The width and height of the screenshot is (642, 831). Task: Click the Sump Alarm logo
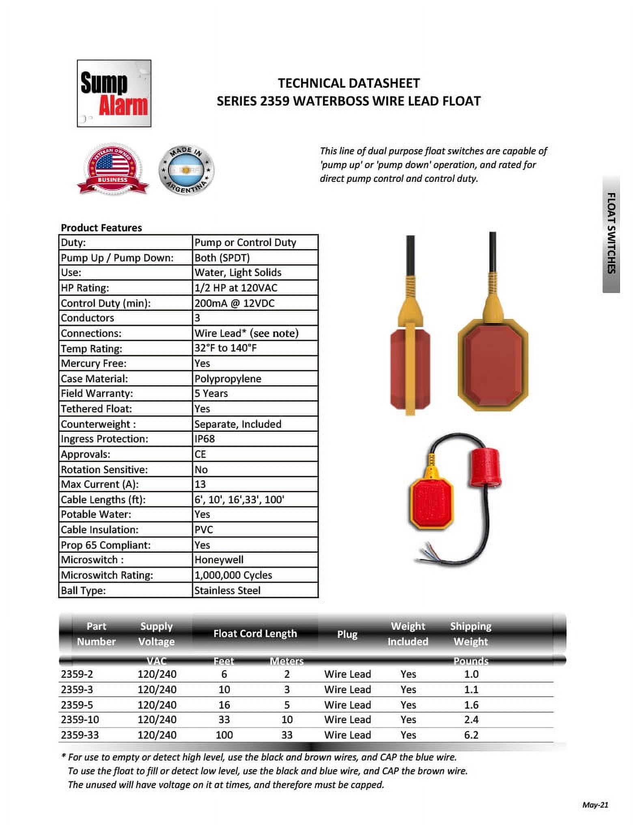114,93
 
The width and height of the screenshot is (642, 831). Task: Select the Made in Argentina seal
186,170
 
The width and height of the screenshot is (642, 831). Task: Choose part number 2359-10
80,720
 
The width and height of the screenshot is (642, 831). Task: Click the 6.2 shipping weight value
471,735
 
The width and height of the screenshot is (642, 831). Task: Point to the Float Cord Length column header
255,634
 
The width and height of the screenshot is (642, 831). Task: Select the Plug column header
347,635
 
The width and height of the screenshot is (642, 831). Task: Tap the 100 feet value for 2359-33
224,735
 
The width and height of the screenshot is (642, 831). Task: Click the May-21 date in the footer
595,805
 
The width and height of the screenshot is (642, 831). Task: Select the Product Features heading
101,228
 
